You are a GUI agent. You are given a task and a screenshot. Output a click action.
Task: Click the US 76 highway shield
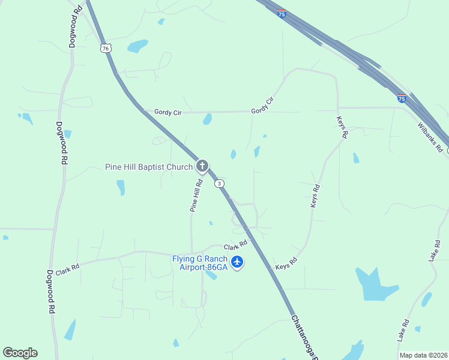tap(106, 48)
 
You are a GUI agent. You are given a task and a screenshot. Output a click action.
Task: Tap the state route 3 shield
tap(220, 183)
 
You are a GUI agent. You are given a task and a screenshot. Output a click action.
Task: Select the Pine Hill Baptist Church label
tap(149, 167)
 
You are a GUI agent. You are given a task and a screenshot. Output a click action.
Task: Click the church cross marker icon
tap(203, 166)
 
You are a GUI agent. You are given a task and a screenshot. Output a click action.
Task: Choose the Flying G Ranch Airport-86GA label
tap(200, 263)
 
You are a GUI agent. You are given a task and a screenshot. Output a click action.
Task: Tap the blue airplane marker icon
tap(237, 262)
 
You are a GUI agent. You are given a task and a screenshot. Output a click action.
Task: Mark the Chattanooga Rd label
tap(303, 340)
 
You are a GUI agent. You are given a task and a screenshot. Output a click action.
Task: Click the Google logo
tap(20, 353)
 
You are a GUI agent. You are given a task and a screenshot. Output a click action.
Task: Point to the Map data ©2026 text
tap(423, 355)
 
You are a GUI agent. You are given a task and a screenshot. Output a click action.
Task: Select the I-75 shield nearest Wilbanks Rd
tap(402, 97)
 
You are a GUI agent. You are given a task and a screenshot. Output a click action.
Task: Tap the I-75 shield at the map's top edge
tap(282, 13)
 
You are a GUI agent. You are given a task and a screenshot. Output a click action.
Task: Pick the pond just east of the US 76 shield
tap(137, 46)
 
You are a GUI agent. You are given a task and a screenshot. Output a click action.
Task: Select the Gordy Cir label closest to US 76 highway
tap(167, 112)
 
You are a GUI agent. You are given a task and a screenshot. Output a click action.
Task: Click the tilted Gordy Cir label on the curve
tap(262, 106)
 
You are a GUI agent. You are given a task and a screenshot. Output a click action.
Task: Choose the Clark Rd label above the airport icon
tap(236, 246)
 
